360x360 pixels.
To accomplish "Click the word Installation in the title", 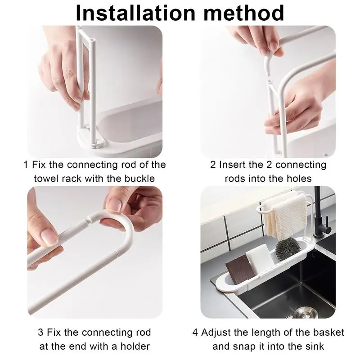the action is (135, 13).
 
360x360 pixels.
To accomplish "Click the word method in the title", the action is (244, 13).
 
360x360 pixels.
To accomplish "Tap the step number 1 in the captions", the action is (26, 165).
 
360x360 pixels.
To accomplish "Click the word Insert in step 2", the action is (233, 165).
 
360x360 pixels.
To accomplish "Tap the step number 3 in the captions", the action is (40, 332).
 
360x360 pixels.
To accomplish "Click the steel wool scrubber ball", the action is (288, 249).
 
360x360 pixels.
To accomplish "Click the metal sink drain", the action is (304, 313).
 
